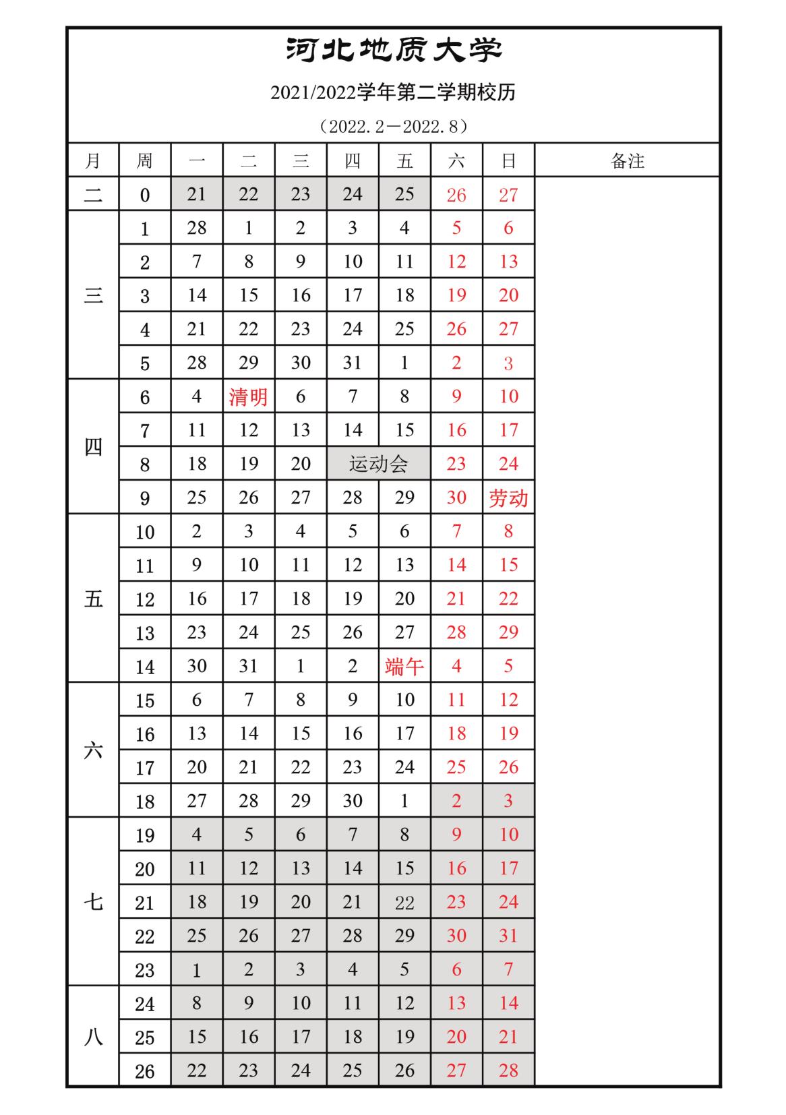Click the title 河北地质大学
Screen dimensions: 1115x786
click(x=394, y=51)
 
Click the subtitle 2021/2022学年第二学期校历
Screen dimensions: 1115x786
click(x=393, y=92)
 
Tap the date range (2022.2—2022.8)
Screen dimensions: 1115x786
click(x=393, y=126)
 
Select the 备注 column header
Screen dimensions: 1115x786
click(x=627, y=160)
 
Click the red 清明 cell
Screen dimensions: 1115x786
click(x=249, y=396)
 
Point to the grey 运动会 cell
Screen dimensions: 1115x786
click(x=378, y=464)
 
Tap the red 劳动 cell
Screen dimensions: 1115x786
click(x=508, y=498)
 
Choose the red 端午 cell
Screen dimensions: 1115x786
click(x=404, y=666)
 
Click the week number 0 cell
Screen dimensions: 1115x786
click(x=145, y=195)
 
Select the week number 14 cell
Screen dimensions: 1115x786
click(x=145, y=667)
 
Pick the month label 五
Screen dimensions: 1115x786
click(x=93, y=599)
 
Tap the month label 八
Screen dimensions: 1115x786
click(x=93, y=1037)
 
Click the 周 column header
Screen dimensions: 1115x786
click(x=145, y=160)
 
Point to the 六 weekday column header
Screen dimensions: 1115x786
click(x=456, y=160)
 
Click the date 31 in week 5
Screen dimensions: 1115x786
click(x=353, y=363)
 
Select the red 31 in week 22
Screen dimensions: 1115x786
click(x=508, y=936)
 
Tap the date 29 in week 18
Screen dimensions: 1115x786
click(x=301, y=801)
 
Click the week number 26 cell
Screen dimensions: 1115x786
click(x=145, y=1071)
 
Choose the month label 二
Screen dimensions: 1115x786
click(x=93, y=195)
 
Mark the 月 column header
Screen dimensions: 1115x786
click(x=93, y=160)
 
